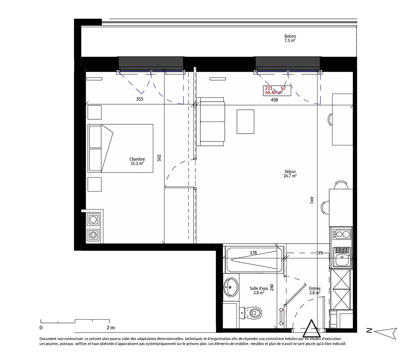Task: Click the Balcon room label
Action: [x=290, y=38]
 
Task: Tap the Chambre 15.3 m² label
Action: [x=137, y=161]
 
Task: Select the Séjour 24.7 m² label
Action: [x=290, y=173]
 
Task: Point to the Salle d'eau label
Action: [x=259, y=291]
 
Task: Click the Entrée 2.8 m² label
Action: [x=315, y=291]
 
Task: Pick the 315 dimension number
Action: [x=139, y=99]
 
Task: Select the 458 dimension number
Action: [x=274, y=100]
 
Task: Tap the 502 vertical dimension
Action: [x=159, y=158]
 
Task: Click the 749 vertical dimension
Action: [x=312, y=200]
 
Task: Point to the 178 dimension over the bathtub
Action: [x=253, y=252]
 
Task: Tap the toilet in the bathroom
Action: [x=250, y=312]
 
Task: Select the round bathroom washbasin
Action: [x=231, y=287]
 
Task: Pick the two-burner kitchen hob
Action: [x=342, y=234]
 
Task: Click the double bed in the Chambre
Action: [x=120, y=148]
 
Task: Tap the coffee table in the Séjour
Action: [x=245, y=121]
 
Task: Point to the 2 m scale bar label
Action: [x=110, y=328]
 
